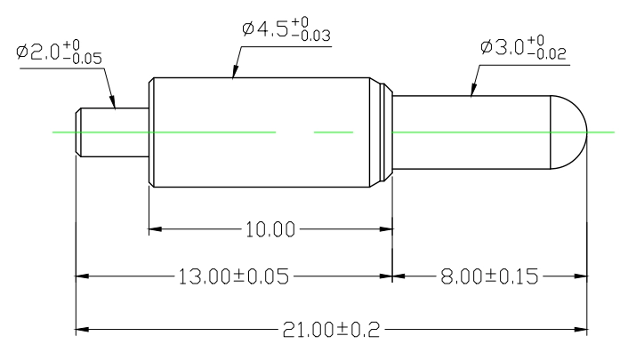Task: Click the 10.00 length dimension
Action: click(x=270, y=229)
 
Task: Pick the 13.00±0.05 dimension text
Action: click(x=234, y=276)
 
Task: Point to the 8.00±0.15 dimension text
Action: click(x=489, y=276)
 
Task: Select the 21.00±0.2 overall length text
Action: click(x=331, y=330)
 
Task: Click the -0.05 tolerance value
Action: click(x=82, y=59)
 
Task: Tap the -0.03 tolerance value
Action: click(x=311, y=36)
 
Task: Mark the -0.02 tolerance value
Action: click(x=547, y=54)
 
